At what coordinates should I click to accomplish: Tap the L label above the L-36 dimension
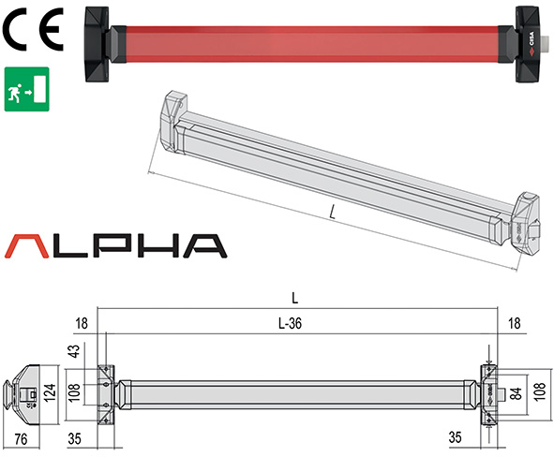coord(295,299)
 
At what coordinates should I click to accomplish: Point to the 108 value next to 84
coord(540,391)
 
